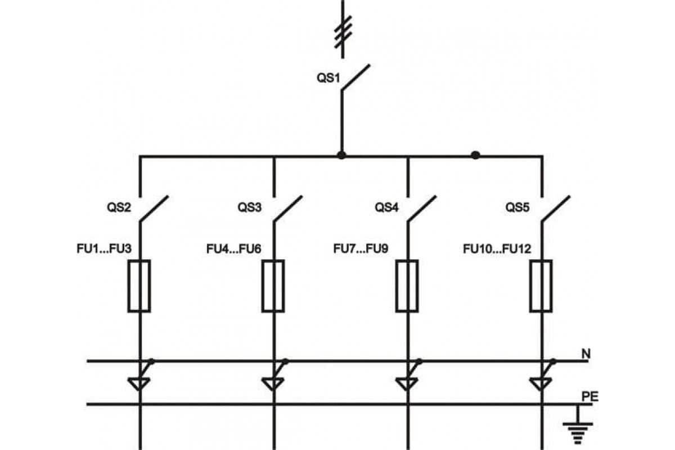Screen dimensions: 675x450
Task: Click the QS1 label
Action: (328, 78)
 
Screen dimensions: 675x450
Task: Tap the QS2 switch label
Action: (119, 208)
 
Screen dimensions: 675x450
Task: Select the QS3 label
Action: (250, 208)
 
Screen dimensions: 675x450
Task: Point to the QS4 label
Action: (386, 208)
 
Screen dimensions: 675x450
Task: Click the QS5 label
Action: (517, 208)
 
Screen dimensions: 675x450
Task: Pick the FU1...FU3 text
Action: (104, 249)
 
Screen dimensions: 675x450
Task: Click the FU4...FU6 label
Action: (234, 249)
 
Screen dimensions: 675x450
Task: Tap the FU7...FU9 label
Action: (361, 249)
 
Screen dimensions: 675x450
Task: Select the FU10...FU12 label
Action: (497, 249)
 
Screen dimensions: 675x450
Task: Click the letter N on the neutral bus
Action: (586, 354)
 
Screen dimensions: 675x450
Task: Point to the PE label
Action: (589, 397)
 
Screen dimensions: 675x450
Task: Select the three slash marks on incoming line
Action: (343, 31)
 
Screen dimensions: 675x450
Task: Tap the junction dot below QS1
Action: (341, 155)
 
